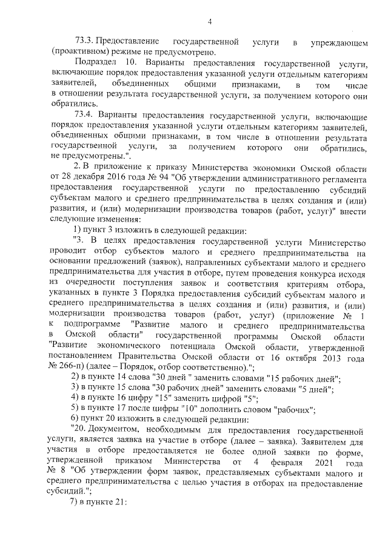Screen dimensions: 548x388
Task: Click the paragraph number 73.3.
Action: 85,42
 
